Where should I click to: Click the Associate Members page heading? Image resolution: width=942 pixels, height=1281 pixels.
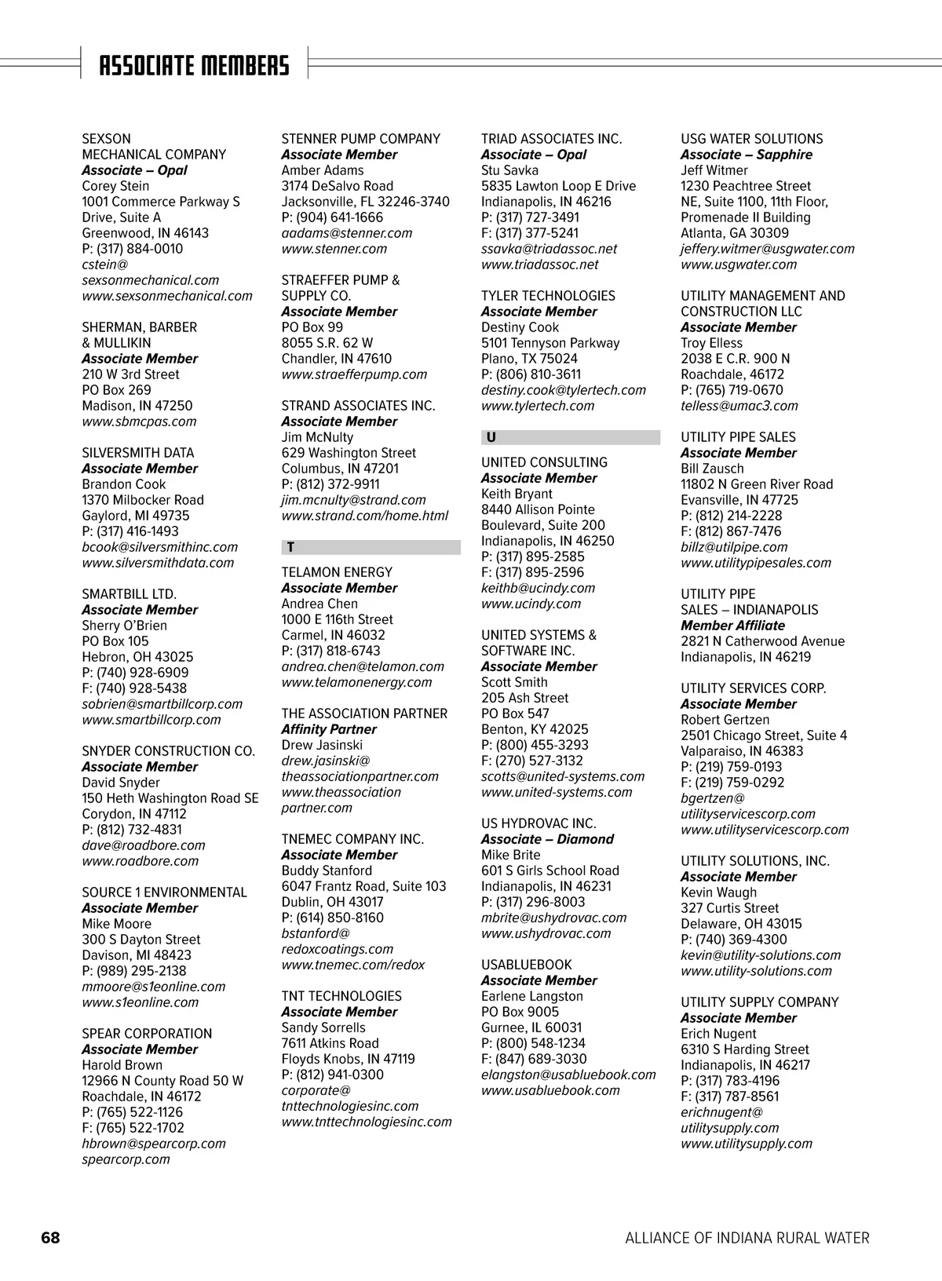(194, 66)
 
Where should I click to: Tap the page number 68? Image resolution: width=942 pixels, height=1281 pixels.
(50, 1238)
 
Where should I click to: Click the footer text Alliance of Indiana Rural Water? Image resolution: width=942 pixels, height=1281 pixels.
(747, 1238)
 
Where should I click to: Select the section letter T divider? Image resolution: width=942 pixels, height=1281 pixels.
(371, 547)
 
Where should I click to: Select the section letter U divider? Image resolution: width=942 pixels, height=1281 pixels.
(570, 437)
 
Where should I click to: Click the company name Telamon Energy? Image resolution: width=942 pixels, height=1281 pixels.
(337, 572)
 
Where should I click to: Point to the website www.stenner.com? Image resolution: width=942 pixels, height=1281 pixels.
(334, 249)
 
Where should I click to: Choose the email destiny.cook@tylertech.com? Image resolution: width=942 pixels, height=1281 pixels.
(563, 390)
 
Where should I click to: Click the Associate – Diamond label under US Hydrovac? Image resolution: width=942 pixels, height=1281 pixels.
(547, 839)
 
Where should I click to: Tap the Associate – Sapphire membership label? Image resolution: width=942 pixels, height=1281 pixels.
(746, 155)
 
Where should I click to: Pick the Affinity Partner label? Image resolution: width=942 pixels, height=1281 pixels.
(328, 729)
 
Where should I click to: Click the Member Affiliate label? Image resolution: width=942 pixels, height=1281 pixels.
(732, 626)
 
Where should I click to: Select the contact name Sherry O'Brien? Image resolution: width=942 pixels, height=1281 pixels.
(124, 626)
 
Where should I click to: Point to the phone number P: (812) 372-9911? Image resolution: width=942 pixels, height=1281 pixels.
(330, 484)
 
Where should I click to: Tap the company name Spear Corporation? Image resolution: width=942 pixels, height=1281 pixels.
(147, 1034)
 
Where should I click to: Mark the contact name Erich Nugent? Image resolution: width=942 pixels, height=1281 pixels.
(718, 1034)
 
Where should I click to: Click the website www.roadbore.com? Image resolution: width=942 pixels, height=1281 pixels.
(141, 861)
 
